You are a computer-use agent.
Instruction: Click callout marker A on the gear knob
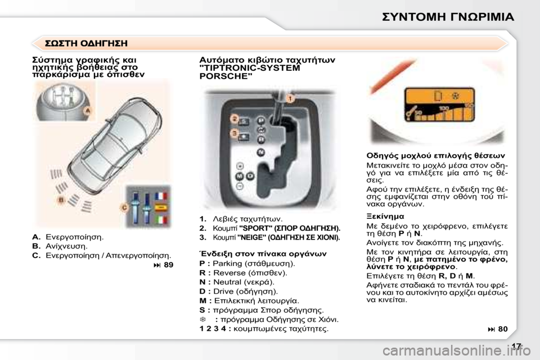[x=87, y=112]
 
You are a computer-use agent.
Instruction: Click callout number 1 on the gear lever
[x=290, y=98]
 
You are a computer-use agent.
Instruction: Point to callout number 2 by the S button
[x=233, y=118]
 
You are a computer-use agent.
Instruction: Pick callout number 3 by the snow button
[x=233, y=133]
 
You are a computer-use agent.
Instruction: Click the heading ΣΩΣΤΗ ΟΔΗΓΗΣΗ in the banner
[x=86, y=43]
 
